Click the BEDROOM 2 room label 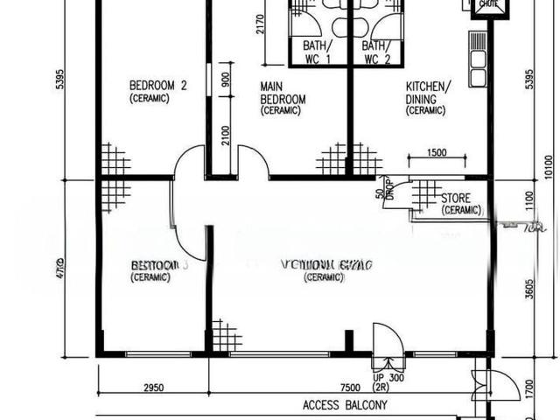(x=158, y=86)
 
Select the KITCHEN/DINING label (x=428, y=92)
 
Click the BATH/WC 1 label (x=315, y=52)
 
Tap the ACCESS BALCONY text (x=344, y=405)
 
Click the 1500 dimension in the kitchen (x=437, y=153)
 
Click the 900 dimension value (x=227, y=80)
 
